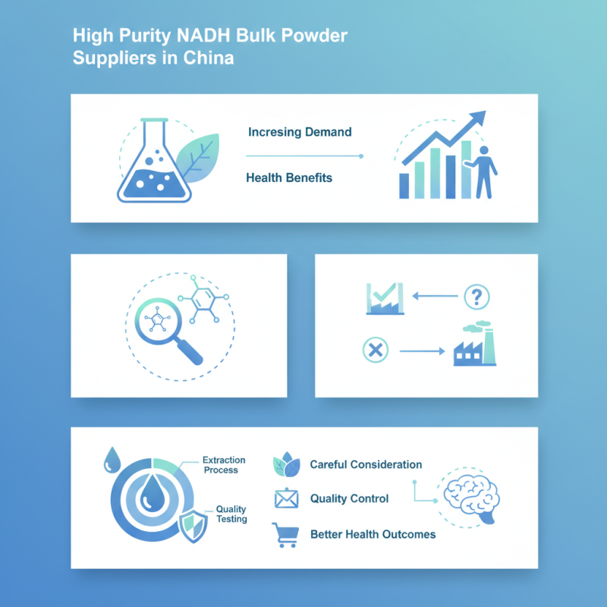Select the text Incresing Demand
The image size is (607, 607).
point(300,132)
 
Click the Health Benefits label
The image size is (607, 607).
point(289,178)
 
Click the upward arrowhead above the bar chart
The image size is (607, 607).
point(477,118)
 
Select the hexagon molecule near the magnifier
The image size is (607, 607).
point(199,298)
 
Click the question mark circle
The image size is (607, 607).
point(476,295)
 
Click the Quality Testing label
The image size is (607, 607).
point(231,514)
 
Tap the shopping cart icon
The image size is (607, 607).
point(285,535)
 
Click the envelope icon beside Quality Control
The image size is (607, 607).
point(285,498)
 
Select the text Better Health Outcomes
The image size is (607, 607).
point(373,534)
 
